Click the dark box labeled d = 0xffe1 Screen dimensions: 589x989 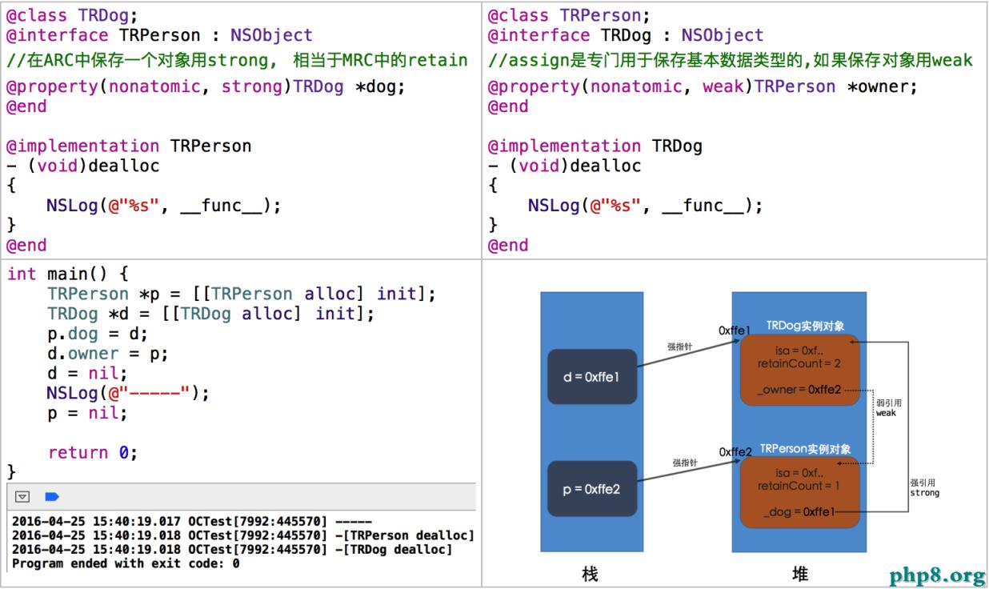click(591, 376)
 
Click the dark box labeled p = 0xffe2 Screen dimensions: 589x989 click(591, 489)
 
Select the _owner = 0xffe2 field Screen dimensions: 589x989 click(802, 390)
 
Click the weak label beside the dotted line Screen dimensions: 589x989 click(886, 413)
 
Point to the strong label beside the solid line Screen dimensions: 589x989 click(924, 493)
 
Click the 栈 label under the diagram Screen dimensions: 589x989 click(590, 574)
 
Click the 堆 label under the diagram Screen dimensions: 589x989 click(799, 574)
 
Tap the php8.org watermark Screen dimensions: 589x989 click(936, 575)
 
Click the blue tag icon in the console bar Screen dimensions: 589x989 click(52, 497)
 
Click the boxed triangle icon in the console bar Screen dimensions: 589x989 click(23, 497)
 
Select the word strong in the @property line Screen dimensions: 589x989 click(251, 86)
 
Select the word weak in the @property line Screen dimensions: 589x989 click(724, 86)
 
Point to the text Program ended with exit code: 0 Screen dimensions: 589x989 click(126, 563)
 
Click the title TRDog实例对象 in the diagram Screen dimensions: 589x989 click(804, 327)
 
